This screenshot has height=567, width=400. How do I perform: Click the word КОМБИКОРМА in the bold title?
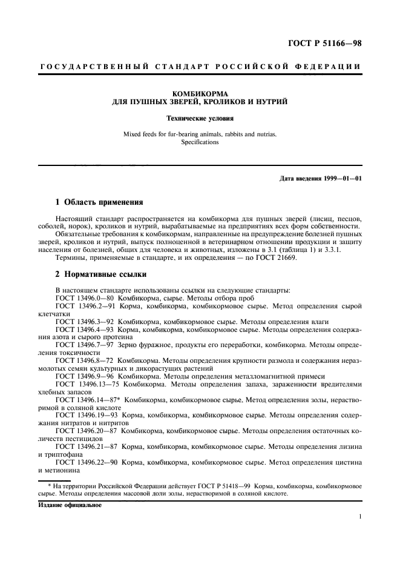(200, 93)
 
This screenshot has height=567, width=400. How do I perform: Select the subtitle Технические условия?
(200, 118)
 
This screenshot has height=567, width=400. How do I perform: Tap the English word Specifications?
(200, 143)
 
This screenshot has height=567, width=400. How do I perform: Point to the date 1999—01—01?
(341, 178)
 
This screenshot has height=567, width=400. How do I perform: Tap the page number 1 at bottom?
(359, 517)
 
